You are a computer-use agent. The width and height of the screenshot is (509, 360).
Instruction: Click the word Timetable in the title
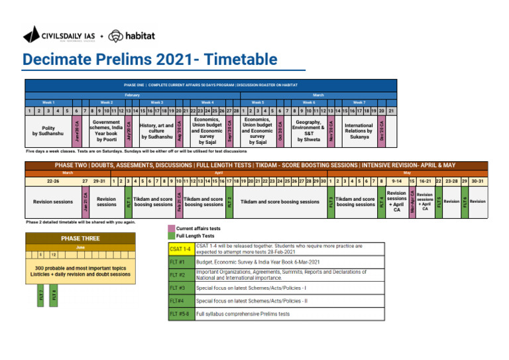(241, 60)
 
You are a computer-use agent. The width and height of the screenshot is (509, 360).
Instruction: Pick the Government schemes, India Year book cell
(106, 131)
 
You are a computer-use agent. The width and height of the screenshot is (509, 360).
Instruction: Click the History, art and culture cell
(156, 131)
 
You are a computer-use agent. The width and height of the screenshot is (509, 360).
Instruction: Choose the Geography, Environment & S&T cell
(308, 131)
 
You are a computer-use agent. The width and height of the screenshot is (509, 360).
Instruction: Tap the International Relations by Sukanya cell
(359, 131)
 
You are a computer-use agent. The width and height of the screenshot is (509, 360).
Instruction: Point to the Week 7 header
(359, 103)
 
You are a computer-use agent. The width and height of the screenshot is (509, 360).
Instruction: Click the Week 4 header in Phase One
(207, 103)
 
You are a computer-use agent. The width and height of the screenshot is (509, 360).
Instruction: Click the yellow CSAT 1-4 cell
(180, 249)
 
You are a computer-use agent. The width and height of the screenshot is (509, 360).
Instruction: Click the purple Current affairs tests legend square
(171, 228)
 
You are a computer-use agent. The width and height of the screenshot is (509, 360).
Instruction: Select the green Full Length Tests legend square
(171, 235)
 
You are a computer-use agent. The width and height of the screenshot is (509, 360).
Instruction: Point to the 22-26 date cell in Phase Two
(52, 180)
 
